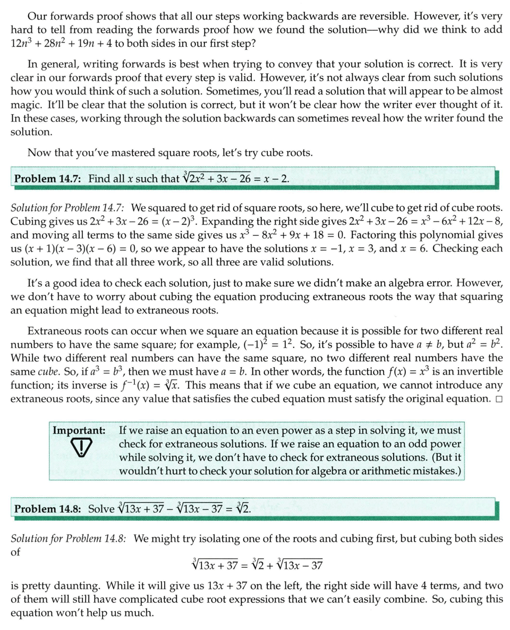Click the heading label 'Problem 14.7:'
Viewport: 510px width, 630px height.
pyautogui.click(x=47, y=178)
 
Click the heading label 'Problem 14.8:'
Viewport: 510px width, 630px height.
pyautogui.click(x=47, y=508)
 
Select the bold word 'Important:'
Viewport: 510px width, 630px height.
pyautogui.click(x=79, y=430)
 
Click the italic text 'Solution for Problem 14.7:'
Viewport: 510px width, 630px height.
pyautogui.click(x=67, y=207)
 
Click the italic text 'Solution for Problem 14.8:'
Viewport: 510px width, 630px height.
pyautogui.click(x=69, y=538)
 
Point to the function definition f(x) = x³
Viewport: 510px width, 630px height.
pyautogui.click(x=407, y=371)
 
